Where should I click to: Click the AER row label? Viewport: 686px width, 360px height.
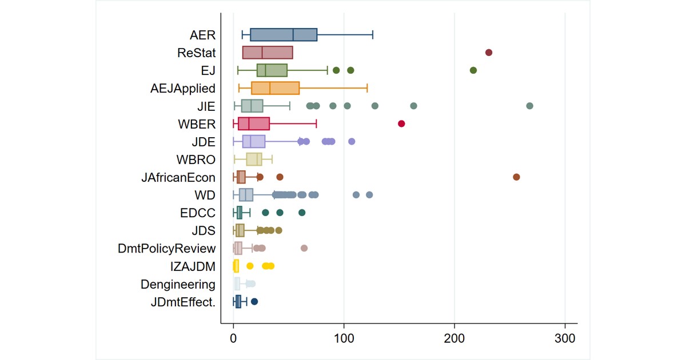click(203, 35)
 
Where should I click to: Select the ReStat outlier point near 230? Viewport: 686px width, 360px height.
click(489, 53)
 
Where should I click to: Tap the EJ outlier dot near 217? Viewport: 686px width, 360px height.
click(473, 70)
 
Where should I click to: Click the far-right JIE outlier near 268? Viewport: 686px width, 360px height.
click(529, 106)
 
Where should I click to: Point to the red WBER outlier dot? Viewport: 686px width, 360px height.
click(401, 123)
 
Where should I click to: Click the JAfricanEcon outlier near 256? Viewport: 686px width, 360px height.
click(516, 177)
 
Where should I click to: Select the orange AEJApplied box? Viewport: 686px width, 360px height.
click(276, 88)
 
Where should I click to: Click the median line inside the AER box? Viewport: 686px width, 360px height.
click(293, 35)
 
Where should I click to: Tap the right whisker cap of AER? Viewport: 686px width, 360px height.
click(373, 35)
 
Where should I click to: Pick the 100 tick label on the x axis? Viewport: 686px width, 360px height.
click(344, 338)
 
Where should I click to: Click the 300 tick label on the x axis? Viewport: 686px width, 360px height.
click(565, 338)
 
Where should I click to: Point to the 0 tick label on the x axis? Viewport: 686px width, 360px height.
click(233, 338)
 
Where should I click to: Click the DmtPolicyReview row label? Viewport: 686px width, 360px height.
click(166, 248)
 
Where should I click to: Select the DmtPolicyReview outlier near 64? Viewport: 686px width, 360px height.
click(304, 248)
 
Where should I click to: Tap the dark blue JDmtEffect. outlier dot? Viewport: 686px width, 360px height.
click(254, 301)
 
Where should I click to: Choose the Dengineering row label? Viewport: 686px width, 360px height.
click(178, 284)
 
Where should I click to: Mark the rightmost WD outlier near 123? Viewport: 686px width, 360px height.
click(369, 195)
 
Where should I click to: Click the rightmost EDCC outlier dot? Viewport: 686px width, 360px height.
click(302, 213)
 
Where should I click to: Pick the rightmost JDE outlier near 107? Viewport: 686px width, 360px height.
click(352, 141)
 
